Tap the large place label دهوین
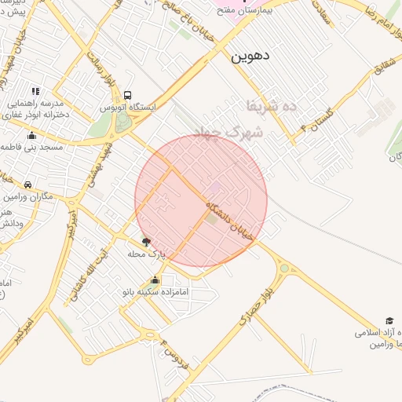point(250,57)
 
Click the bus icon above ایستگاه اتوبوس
point(127,93)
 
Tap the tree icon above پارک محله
point(144,241)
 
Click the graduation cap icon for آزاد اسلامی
point(367,321)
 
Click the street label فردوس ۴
point(174,353)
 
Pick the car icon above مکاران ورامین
point(27,185)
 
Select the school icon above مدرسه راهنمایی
point(35,92)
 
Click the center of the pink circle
point(201,200)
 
